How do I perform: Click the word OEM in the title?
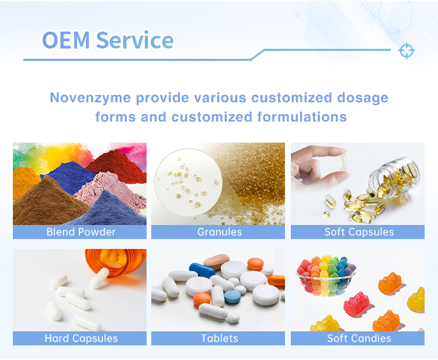tap(66, 40)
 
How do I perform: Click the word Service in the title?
tap(134, 40)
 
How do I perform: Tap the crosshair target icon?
tap(406, 51)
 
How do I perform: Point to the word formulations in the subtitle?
tap(301, 117)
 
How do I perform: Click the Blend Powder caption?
tap(81, 232)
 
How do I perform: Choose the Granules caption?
tap(219, 232)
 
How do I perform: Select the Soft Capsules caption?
tap(359, 232)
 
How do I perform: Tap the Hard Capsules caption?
tap(81, 338)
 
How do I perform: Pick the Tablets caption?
tap(219, 338)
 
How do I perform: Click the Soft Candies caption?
tap(359, 338)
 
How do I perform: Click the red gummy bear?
tap(357, 304)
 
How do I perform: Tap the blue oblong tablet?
tap(203, 269)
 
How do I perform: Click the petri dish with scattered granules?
tap(187, 181)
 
